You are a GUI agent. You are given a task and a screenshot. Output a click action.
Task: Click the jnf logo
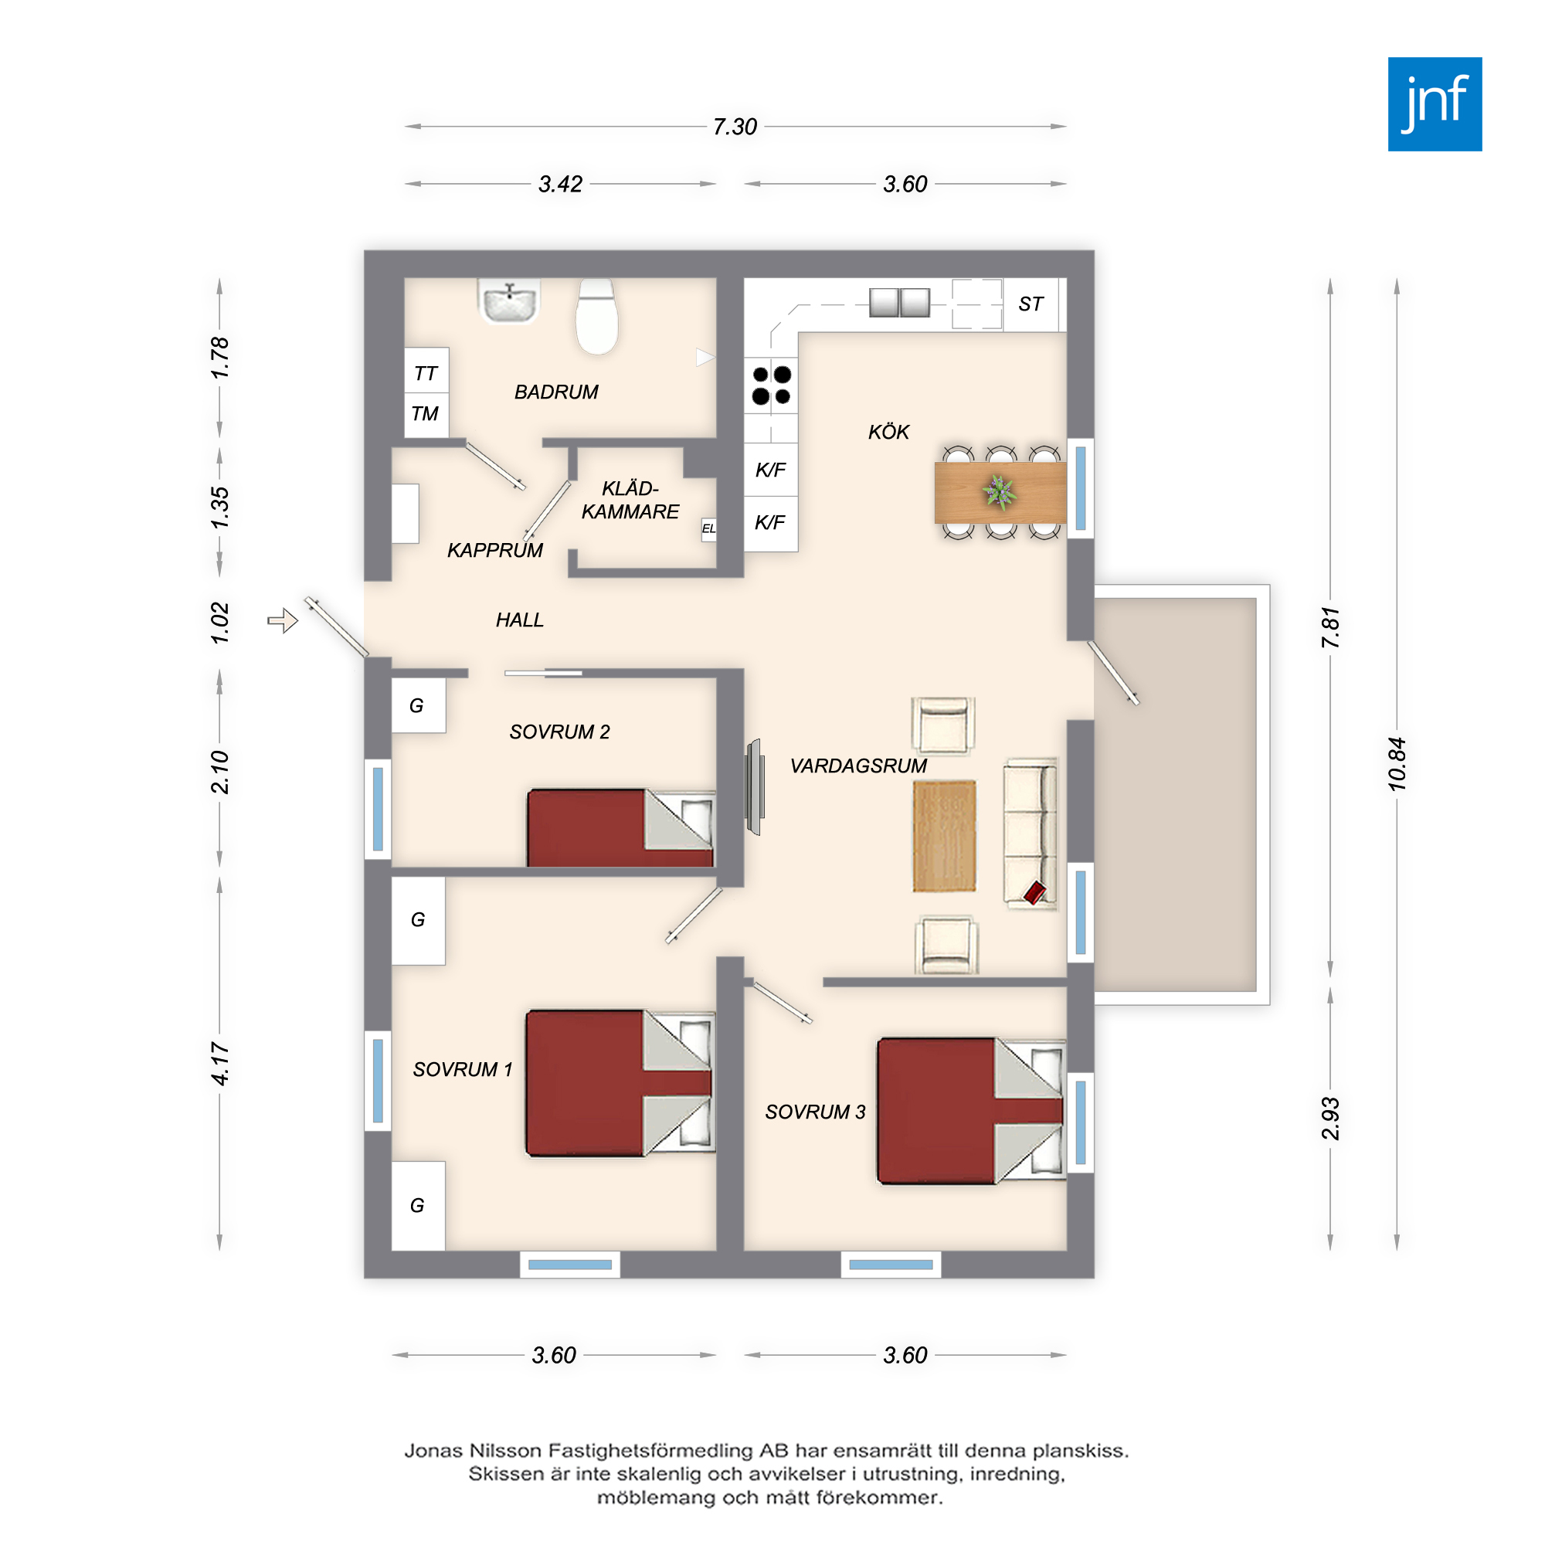1435,104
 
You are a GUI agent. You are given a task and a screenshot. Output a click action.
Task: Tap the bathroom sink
508,301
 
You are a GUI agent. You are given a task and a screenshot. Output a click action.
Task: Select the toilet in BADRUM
596,317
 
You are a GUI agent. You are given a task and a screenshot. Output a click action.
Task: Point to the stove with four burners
771,385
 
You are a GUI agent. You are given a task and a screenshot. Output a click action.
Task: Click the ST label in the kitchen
1031,304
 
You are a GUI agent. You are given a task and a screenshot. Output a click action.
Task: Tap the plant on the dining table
1000,492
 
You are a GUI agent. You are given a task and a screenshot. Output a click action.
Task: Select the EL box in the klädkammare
708,528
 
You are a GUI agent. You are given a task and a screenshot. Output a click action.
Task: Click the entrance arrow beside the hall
282,620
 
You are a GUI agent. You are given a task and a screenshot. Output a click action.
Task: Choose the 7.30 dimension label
735,127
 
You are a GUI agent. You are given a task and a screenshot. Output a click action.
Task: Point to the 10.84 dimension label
1396,764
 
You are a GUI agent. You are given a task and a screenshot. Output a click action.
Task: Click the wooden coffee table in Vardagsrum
945,837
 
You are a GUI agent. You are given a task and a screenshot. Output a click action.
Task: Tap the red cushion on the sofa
1034,892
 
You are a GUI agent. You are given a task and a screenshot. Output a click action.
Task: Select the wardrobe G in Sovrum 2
418,705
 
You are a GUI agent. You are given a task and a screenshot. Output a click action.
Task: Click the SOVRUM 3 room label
815,1112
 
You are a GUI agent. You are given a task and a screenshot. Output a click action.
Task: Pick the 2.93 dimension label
1330,1118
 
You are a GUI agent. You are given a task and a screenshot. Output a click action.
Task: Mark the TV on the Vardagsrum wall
753,787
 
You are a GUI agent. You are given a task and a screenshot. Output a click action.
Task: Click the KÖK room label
888,432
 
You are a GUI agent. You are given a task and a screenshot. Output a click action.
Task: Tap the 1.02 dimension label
219,623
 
